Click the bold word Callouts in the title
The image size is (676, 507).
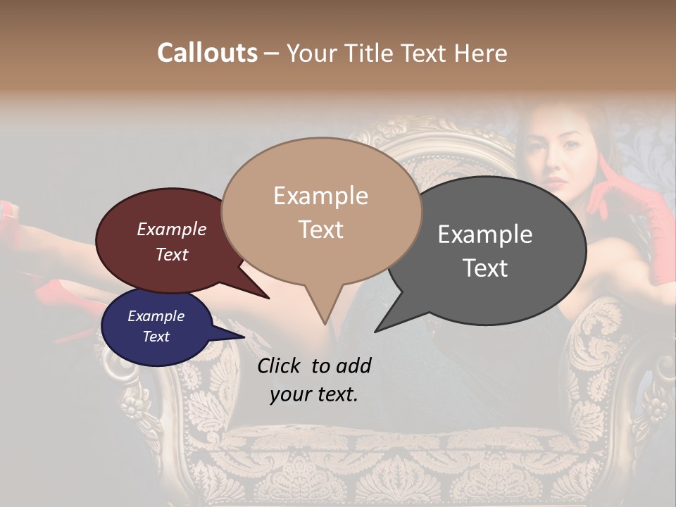click(x=207, y=53)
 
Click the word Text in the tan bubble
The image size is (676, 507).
click(x=320, y=229)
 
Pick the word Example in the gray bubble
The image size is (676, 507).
click(x=485, y=234)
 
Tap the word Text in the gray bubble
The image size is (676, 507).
click(x=485, y=268)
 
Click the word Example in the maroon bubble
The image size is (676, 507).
click(x=171, y=229)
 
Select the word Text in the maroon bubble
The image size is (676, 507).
click(x=171, y=254)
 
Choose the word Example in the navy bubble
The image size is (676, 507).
click(x=156, y=316)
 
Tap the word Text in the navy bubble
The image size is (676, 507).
click(x=156, y=337)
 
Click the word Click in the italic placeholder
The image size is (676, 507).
click(x=281, y=365)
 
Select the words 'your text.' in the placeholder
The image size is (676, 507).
click(x=314, y=394)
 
